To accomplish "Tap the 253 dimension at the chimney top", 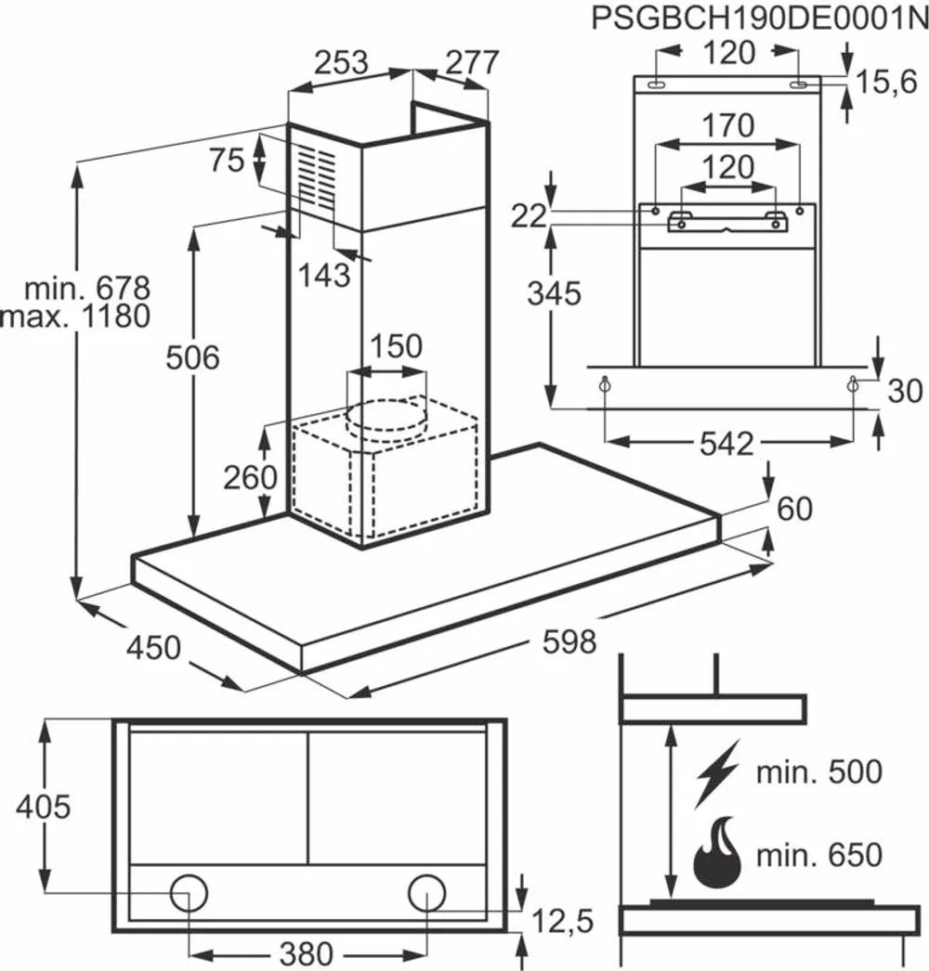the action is pyautogui.click(x=342, y=62).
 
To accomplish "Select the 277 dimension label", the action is pyautogui.click(x=472, y=62).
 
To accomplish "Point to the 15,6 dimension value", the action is pyautogui.click(x=886, y=81).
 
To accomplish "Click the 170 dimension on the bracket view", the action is pyautogui.click(x=727, y=125).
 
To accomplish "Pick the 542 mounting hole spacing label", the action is pyautogui.click(x=726, y=444).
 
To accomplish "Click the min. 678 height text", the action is pyautogui.click(x=87, y=289).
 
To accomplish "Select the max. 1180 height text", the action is pyautogui.click(x=75, y=317).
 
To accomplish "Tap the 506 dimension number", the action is pyautogui.click(x=192, y=358).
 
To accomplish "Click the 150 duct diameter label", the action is pyautogui.click(x=396, y=345).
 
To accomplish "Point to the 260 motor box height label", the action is pyautogui.click(x=251, y=477).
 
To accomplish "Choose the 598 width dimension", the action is pyautogui.click(x=569, y=641).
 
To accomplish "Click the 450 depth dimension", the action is pyautogui.click(x=153, y=648).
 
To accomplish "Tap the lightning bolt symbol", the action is pyautogui.click(x=718, y=773).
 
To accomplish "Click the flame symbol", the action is pyautogui.click(x=717, y=852).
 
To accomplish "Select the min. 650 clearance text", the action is pyautogui.click(x=819, y=855).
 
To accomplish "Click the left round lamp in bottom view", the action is pyautogui.click(x=189, y=893).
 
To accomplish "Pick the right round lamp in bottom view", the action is pyautogui.click(x=426, y=893).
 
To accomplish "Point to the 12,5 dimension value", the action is pyautogui.click(x=563, y=921).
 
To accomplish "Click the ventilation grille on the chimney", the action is pyautogui.click(x=317, y=177).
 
